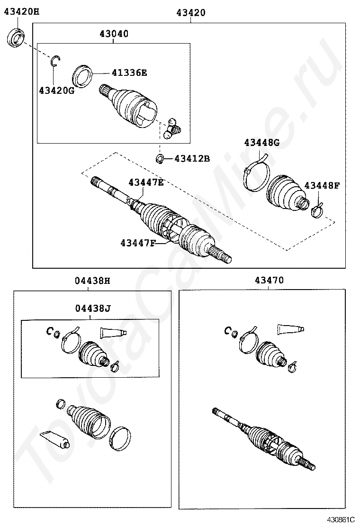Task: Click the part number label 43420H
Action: [21, 12]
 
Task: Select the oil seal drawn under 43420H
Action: [16, 37]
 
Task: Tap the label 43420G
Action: [57, 90]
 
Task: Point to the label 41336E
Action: [129, 73]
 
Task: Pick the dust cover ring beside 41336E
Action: [82, 76]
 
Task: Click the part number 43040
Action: [114, 34]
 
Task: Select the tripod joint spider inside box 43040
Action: [172, 128]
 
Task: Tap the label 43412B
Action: [192, 158]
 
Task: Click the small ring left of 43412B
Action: [160, 158]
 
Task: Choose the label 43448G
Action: [261, 143]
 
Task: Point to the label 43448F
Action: [322, 185]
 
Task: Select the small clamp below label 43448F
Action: [317, 210]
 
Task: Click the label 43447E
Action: [146, 182]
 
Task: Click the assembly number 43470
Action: [269, 280]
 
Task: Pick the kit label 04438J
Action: [93, 308]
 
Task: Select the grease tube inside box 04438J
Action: [113, 332]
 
